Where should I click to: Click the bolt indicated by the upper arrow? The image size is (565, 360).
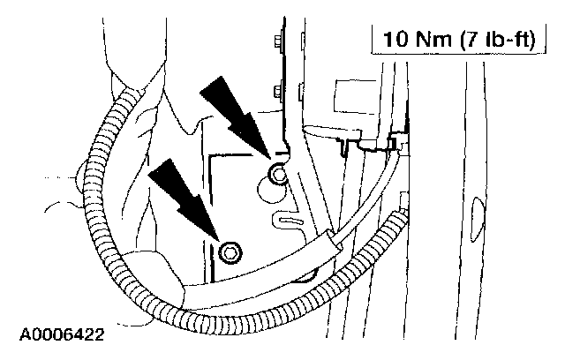pyautogui.click(x=279, y=176)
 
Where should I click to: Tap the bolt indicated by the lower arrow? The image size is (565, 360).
pyautogui.click(x=231, y=251)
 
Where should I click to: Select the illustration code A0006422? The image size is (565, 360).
pyautogui.click(x=59, y=335)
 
